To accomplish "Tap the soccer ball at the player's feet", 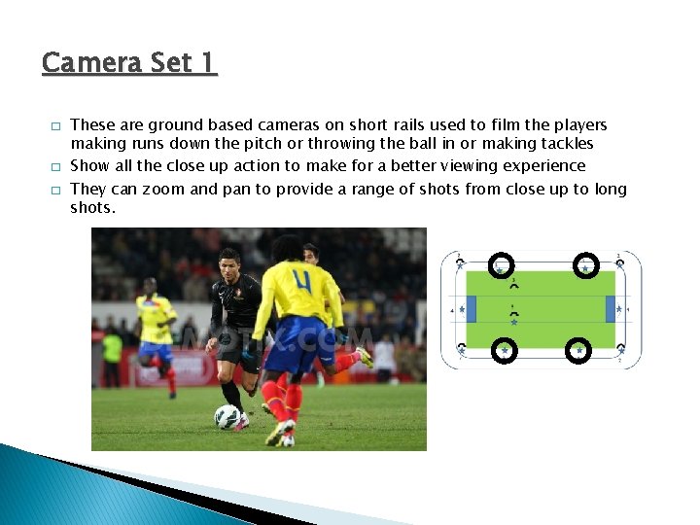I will coord(227,417).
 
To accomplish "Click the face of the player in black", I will coord(229,263).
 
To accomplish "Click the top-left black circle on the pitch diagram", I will coord(501,265).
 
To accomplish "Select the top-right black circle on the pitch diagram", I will coord(586,265).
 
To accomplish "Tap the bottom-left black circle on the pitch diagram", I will coord(505,349).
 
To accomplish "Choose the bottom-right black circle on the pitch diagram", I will coord(579,349).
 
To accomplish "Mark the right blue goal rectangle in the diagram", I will coord(611,309).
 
